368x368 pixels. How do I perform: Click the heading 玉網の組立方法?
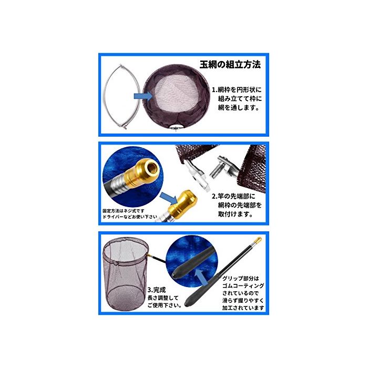(230, 65)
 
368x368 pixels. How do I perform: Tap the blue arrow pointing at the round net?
(143, 96)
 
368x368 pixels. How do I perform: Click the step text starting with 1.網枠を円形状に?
(237, 99)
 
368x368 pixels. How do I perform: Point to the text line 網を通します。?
(239, 107)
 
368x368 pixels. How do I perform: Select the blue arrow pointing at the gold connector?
(169, 198)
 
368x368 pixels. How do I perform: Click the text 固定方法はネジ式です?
(124, 211)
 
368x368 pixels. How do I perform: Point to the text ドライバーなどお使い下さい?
(130, 217)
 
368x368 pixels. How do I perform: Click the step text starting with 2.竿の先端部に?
(237, 205)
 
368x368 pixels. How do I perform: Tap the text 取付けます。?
(236, 214)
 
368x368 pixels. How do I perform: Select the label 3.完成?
(157, 290)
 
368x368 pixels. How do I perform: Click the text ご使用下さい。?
(165, 305)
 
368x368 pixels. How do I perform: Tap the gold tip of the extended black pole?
(258, 240)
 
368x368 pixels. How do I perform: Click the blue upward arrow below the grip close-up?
(200, 277)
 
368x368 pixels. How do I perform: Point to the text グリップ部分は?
(241, 279)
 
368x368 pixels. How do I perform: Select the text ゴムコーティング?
(243, 286)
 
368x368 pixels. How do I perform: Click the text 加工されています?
(243, 308)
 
